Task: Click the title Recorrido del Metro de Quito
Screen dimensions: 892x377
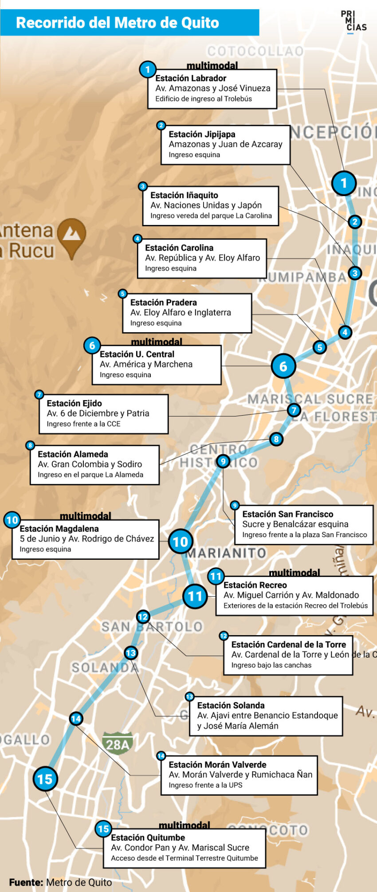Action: [118, 23]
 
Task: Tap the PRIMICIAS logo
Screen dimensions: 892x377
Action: [353, 21]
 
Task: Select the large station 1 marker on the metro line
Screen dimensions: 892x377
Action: [343, 183]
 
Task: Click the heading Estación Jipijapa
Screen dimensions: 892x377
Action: [202, 134]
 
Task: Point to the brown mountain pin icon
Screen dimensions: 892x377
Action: [71, 236]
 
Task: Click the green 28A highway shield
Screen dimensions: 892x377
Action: [118, 744]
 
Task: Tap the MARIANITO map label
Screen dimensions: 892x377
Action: [226, 553]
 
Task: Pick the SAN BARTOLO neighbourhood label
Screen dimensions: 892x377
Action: [152, 627]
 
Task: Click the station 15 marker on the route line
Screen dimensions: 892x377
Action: [45, 779]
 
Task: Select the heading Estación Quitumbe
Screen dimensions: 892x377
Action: [148, 837]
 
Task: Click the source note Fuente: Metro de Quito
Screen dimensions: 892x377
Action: [61, 882]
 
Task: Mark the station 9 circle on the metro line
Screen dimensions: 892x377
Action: [223, 461]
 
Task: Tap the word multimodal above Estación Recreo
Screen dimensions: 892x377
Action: [294, 573]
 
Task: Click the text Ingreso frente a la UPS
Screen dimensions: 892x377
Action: [205, 785]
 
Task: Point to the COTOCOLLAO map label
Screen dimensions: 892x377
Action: [255, 51]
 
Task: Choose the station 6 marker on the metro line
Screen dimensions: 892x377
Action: [283, 366]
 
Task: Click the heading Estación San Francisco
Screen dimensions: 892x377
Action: [287, 514]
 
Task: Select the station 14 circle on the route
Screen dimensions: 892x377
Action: [76, 719]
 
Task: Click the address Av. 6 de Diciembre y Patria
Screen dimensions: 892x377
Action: [98, 413]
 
